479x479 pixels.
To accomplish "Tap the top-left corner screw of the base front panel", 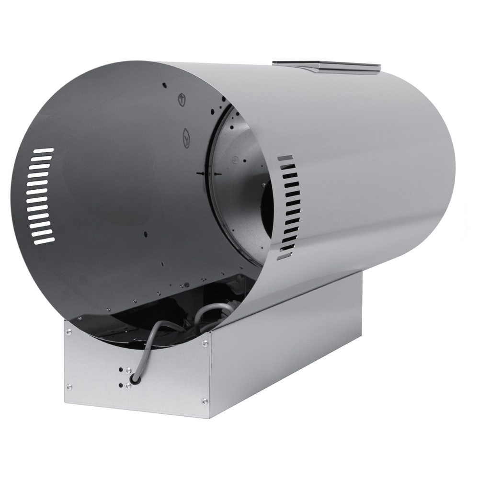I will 68,330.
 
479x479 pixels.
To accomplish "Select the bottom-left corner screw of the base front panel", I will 69,386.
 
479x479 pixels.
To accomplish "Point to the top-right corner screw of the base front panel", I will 205,343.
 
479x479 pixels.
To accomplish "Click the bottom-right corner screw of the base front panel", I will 205,401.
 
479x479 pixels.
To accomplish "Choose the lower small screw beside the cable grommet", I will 128,386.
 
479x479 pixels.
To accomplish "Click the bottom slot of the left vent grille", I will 44,241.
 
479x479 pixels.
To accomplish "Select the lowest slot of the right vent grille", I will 284,257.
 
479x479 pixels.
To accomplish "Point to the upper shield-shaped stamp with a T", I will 182,99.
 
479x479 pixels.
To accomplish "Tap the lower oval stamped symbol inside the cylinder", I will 186,138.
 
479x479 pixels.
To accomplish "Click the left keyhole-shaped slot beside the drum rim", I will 201,172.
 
